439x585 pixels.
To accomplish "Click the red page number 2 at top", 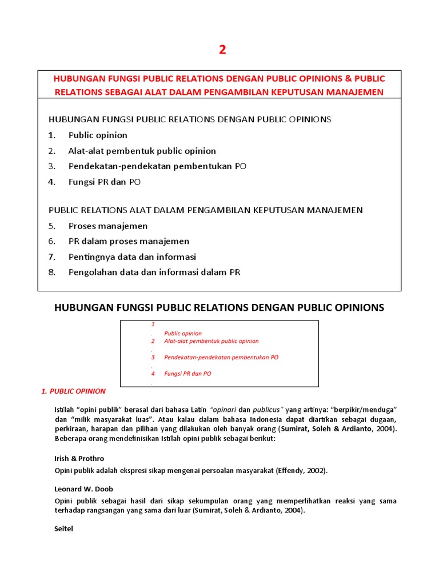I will tap(222, 50).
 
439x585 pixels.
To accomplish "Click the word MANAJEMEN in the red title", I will tap(355, 92).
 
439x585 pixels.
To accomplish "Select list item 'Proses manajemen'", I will tap(108, 226).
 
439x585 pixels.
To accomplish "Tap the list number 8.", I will tap(51, 272).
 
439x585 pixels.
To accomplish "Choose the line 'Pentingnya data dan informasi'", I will tap(132, 257).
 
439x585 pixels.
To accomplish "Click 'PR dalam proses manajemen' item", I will tap(129, 241).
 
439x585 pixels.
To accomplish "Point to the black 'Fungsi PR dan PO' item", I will tap(104, 182).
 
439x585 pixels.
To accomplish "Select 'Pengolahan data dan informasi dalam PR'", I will tap(154, 272).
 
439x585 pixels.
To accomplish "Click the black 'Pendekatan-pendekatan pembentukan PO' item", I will tap(157, 166).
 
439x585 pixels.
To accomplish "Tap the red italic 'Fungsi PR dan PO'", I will tap(187, 374).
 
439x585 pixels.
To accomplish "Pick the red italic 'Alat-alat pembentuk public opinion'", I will tap(211, 341).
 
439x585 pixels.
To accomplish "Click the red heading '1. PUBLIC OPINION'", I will tap(74, 391).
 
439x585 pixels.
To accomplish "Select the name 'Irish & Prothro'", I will tap(79, 458).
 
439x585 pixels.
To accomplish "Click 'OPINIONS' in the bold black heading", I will tap(354, 307).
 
